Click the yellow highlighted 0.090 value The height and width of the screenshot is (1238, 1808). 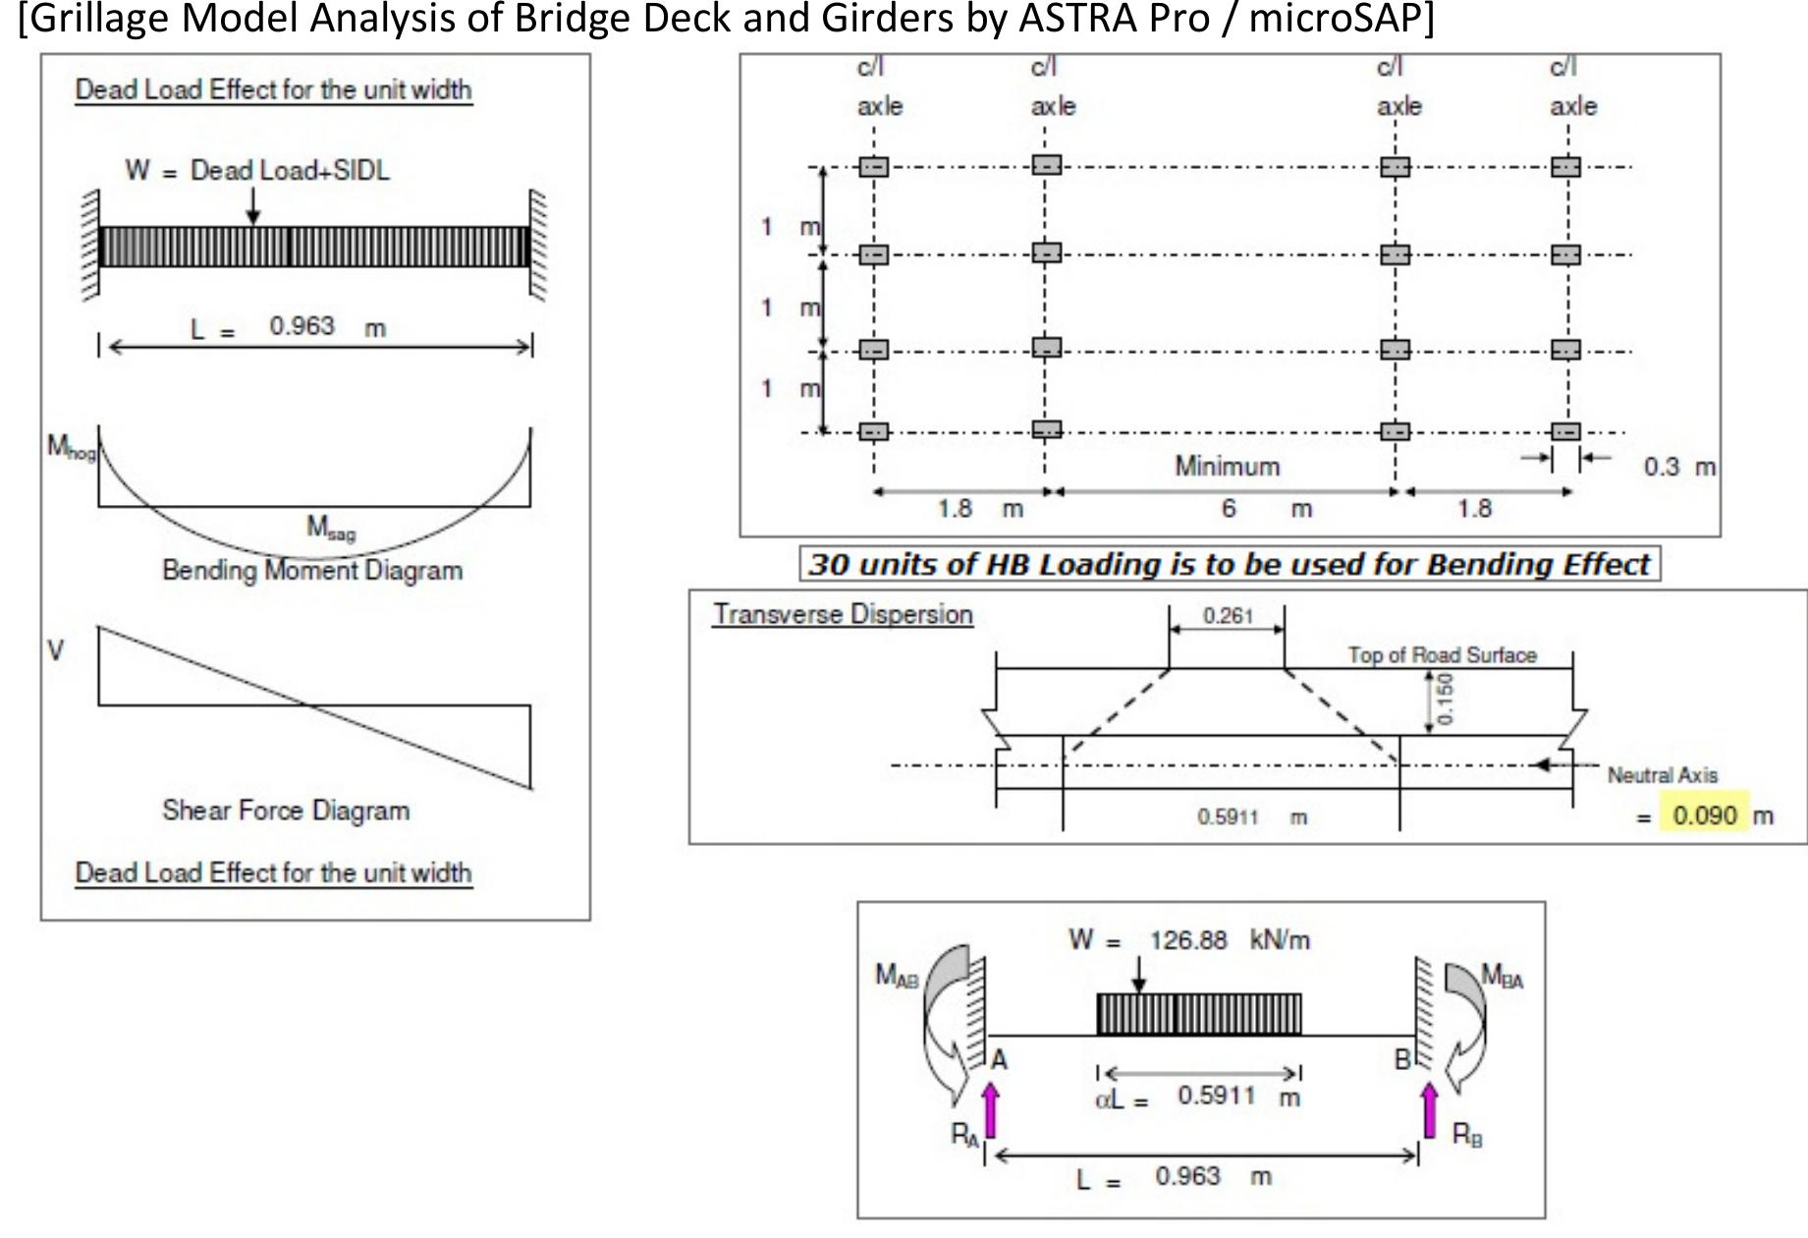click(x=1704, y=816)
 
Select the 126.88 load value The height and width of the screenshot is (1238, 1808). click(x=1188, y=940)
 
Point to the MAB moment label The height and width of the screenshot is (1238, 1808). click(x=897, y=976)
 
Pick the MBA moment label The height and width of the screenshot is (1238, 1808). click(x=1503, y=976)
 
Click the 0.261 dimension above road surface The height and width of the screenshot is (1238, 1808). click(x=1228, y=616)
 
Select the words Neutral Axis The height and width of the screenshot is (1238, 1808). click(x=1662, y=775)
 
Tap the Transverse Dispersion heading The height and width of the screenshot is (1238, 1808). click(x=843, y=615)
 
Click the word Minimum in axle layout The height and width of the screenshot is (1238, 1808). click(x=1228, y=467)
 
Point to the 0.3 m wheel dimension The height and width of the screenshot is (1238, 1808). click(x=1677, y=467)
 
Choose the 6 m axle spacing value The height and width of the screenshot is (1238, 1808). click(x=1229, y=509)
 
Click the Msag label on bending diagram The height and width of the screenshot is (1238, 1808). click(x=330, y=529)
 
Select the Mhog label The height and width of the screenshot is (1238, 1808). click(x=71, y=448)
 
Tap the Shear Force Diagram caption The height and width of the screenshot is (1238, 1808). click(x=286, y=811)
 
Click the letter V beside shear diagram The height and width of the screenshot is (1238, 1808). click(x=56, y=651)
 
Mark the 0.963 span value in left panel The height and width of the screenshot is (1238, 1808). click(x=301, y=326)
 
